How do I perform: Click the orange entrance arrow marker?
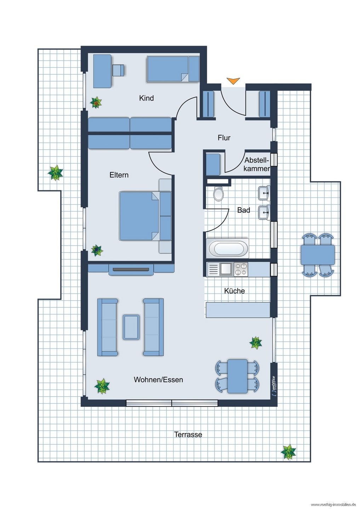[x=233, y=81]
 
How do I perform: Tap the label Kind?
[x=146, y=98]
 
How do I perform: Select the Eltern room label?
[x=119, y=175]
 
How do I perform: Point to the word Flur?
[x=224, y=138]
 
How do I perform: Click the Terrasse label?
[x=188, y=434]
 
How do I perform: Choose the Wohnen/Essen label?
[x=158, y=380]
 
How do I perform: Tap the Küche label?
[x=234, y=291]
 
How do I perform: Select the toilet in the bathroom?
[x=218, y=194]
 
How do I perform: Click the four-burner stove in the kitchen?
[x=241, y=269]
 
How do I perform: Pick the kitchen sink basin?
[x=226, y=269]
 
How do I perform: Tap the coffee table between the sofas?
[x=131, y=327]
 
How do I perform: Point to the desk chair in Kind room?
[x=118, y=70]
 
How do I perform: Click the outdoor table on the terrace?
[x=318, y=255]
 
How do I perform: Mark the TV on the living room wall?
[x=131, y=270]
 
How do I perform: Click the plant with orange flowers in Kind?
[x=96, y=103]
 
